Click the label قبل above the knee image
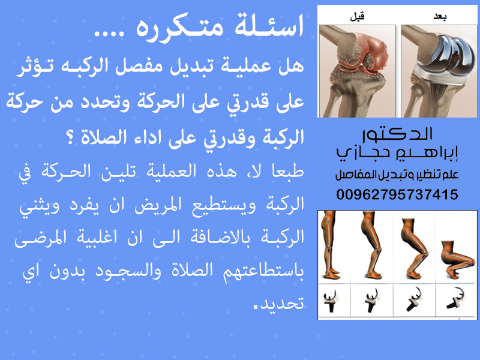[x=357, y=16]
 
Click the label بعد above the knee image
[x=440, y=17]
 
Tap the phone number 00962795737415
[x=397, y=194]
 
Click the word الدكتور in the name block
[x=397, y=134]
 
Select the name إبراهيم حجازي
[x=397, y=152]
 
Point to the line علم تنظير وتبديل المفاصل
[x=397, y=175]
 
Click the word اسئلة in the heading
[x=269, y=26]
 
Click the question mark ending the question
[x=70, y=139]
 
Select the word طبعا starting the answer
[x=288, y=171]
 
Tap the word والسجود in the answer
[x=128, y=271]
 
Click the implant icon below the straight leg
[x=330, y=301]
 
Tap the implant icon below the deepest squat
[x=456, y=298]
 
